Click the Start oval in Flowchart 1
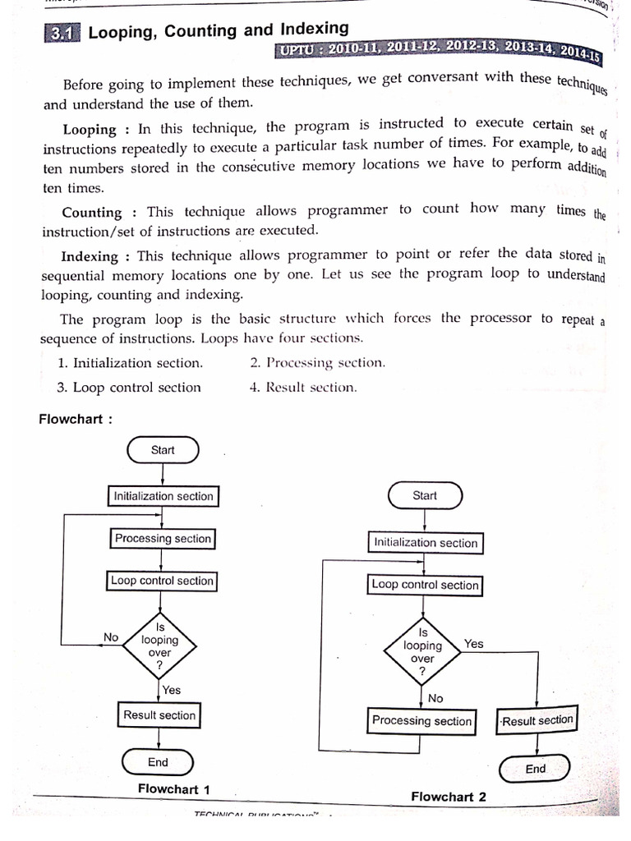[x=163, y=450]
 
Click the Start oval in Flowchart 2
[x=425, y=495]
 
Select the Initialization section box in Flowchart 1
[x=164, y=496]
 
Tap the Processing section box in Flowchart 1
[x=163, y=539]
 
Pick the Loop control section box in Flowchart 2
[x=425, y=585]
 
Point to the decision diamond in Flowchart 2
[x=423, y=651]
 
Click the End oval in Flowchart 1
[x=158, y=762]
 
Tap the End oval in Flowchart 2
[x=535, y=769]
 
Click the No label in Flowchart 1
[x=111, y=636]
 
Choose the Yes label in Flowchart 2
[x=474, y=644]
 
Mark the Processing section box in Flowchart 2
[x=422, y=720]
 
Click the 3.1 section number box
[x=61, y=34]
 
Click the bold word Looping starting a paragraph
[x=90, y=130]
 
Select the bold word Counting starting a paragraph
[x=92, y=212]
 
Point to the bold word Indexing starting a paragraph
[x=90, y=256]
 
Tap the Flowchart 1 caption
[x=173, y=789]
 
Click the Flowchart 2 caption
[x=449, y=796]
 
